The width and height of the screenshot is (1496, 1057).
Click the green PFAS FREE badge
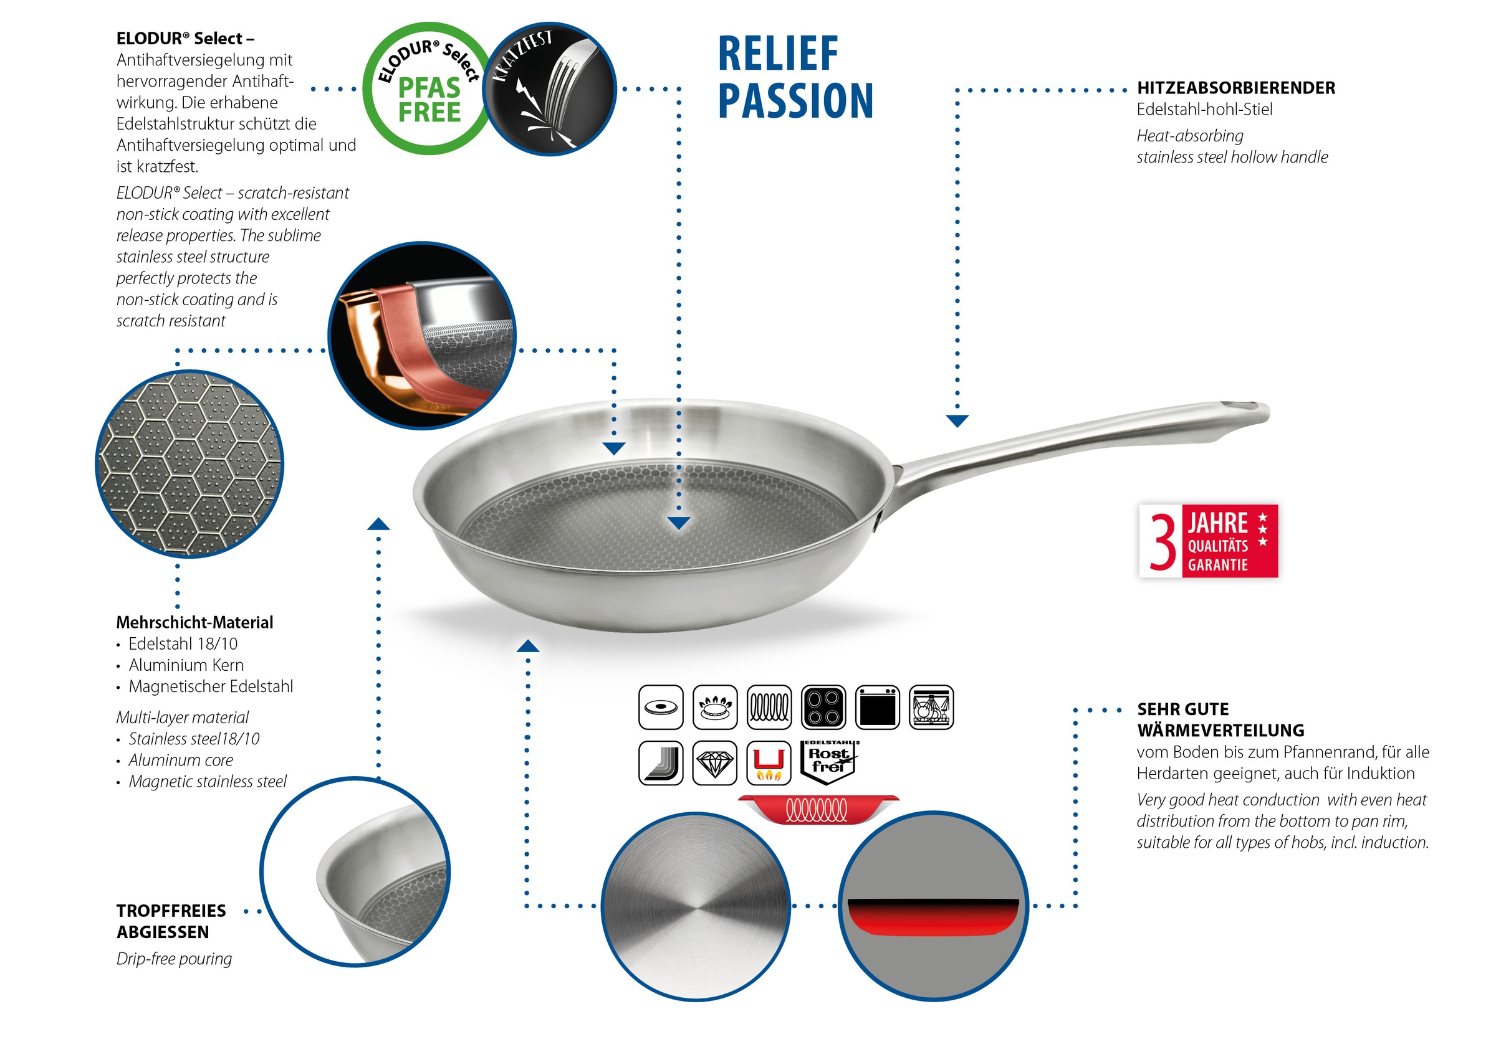(427, 89)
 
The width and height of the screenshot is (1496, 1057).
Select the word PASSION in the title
(795, 101)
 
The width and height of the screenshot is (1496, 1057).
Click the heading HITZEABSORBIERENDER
(1235, 88)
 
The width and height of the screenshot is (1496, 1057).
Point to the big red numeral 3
(1163, 541)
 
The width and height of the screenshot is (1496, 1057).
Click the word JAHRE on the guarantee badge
(1217, 523)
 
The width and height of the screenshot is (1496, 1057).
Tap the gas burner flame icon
(715, 706)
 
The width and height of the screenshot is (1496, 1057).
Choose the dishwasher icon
(931, 706)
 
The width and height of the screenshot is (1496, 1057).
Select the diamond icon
(715, 762)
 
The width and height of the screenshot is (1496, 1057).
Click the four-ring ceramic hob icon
(823, 706)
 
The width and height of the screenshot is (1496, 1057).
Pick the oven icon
(877, 706)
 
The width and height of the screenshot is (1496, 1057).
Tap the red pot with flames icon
(769, 762)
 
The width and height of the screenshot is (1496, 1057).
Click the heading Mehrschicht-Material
(194, 623)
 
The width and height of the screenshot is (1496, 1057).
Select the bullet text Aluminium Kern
(186, 665)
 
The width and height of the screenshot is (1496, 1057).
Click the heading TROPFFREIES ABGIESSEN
(171, 921)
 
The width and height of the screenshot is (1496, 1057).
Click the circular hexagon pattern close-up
(189, 463)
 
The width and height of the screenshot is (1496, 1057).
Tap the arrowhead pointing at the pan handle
(956, 420)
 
